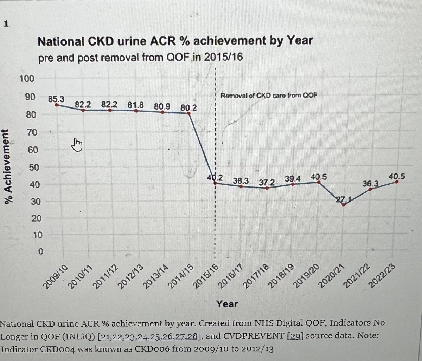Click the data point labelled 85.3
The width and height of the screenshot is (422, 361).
click(x=57, y=105)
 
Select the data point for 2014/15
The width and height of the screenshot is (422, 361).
click(x=189, y=113)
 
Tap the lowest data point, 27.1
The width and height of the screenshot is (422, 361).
click(x=343, y=205)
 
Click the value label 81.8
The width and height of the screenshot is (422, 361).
click(x=136, y=105)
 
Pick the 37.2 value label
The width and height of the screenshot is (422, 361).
click(x=267, y=183)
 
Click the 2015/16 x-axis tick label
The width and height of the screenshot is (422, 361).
click(x=207, y=277)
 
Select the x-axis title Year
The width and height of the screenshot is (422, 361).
click(x=227, y=304)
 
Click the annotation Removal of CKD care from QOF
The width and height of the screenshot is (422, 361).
click(x=266, y=95)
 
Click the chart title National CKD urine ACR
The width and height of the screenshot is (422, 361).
click(x=175, y=41)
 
